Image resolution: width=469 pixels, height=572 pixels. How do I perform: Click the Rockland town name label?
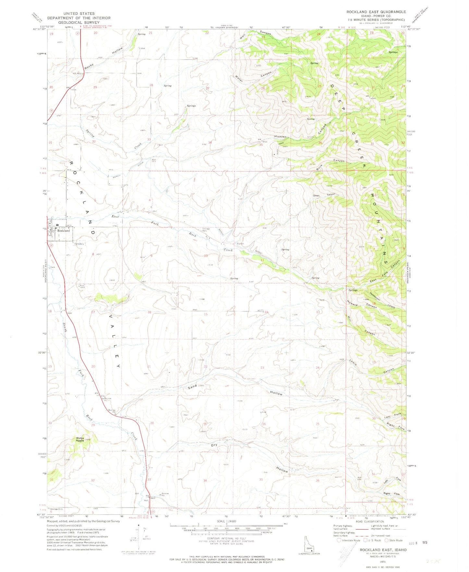pyautogui.click(x=64, y=230)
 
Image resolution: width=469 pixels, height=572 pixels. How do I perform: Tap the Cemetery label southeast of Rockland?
pyautogui.click(x=79, y=244)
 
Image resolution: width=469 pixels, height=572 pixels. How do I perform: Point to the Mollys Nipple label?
pyautogui.click(x=80, y=439)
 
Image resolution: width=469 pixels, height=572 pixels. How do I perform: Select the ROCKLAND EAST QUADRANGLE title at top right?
pyautogui.click(x=376, y=12)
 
